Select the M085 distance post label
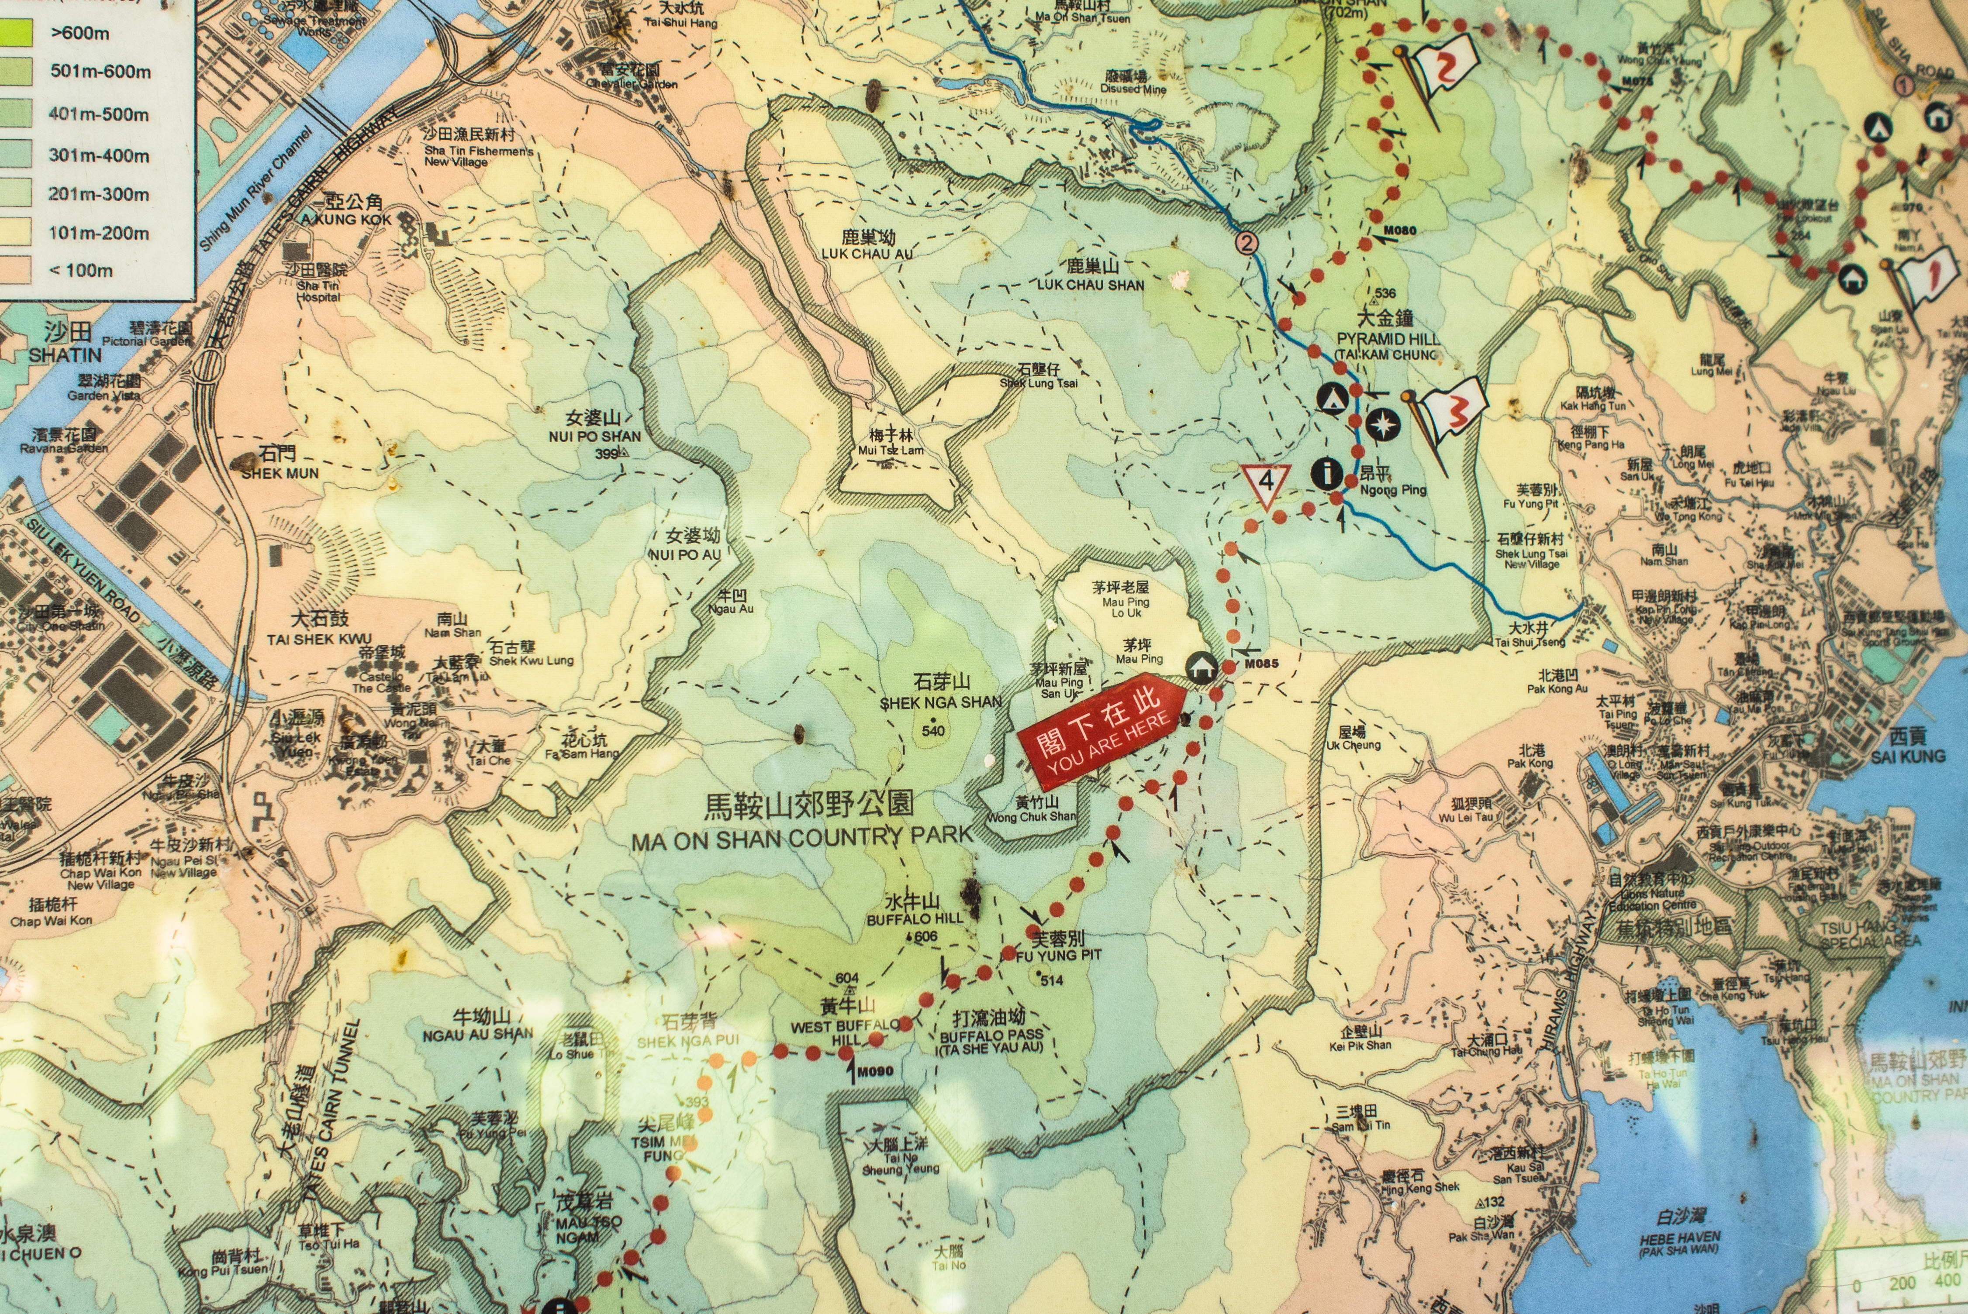coord(1261,664)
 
